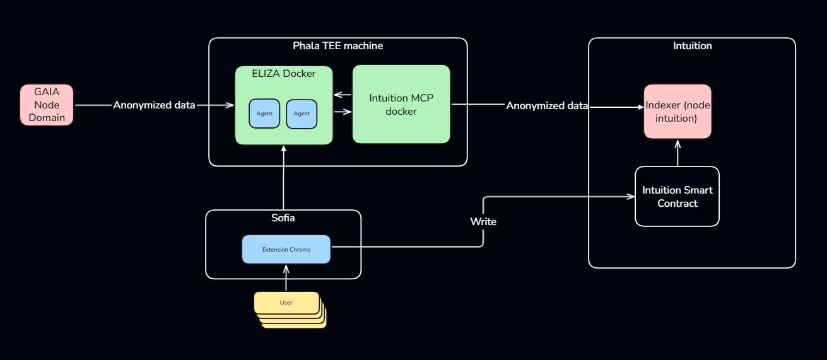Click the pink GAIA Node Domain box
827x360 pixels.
pos(47,105)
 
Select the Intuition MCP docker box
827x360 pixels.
pos(401,104)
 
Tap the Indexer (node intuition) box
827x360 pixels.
pos(677,112)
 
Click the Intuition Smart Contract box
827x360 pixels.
pos(677,197)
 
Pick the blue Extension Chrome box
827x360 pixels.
pos(286,250)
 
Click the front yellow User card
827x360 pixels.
pos(286,303)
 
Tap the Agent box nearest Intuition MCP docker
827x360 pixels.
pos(302,113)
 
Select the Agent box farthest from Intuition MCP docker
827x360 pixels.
pos(264,113)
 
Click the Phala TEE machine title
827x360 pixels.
pos(337,46)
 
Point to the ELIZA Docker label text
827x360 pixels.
pos(284,74)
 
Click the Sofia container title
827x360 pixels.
pos(283,218)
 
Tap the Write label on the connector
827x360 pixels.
pos(483,222)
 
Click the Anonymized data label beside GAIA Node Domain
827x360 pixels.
pos(154,105)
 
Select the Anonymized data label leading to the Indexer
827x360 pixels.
pos(547,106)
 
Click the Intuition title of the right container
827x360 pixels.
pos(692,46)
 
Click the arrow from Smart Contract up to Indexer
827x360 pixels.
pos(677,153)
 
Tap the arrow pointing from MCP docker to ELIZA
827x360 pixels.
pos(343,95)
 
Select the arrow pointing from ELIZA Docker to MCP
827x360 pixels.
pos(343,112)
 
